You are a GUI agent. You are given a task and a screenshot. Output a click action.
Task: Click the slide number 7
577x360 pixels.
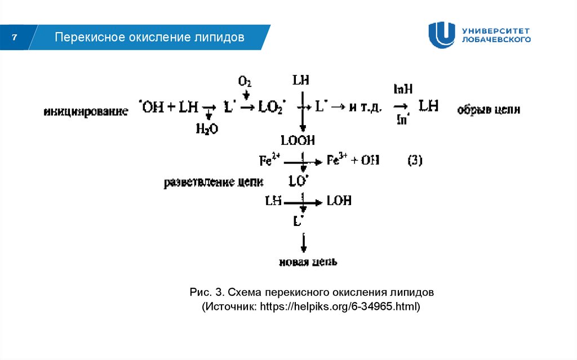15,38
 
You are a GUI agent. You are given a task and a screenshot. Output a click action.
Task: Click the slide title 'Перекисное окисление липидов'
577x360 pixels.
149,38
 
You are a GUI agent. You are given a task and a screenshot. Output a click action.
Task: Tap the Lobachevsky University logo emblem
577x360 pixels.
441,35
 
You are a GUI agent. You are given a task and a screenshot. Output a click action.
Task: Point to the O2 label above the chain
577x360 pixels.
245,82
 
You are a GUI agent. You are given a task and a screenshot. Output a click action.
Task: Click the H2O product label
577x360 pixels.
207,129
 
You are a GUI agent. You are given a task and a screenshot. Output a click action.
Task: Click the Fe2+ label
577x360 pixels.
269,161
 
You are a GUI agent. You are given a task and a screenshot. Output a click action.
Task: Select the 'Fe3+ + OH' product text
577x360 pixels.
353,161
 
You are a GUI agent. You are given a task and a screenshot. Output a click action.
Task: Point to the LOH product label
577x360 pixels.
339,201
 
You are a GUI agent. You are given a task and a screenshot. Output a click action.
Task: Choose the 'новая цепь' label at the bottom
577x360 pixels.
308,263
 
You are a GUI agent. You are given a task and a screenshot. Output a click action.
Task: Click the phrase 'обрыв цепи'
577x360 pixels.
489,110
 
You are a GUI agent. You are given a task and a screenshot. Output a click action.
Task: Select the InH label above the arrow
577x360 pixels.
403,89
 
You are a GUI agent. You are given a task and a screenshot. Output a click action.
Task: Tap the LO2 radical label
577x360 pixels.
272,108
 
